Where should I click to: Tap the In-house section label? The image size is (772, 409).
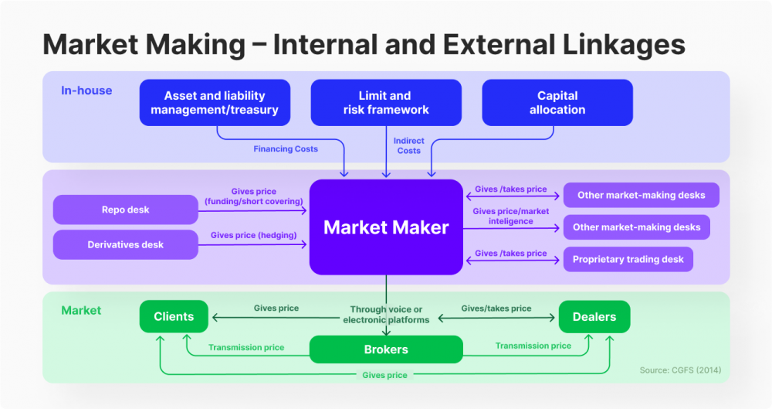coord(86,90)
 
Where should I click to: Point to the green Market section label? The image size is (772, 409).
coord(81,310)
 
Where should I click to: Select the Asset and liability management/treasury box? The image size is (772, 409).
coord(215,103)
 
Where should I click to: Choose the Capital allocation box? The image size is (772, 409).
coord(557,103)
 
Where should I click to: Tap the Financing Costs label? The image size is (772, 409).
coord(286,149)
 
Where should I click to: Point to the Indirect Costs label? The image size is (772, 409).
coord(408,145)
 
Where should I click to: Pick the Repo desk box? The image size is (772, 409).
coord(125,210)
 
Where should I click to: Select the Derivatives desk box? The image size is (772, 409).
coord(125,245)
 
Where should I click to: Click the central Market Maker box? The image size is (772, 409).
coord(386,227)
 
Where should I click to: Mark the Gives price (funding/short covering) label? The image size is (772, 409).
coord(253,196)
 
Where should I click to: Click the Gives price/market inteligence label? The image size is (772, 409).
coord(510,216)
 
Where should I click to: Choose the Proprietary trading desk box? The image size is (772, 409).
coord(628,260)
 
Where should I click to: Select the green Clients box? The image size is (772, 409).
coord(174,316)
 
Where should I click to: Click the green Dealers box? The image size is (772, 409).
coord(594,316)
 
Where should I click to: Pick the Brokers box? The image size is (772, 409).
coord(386,349)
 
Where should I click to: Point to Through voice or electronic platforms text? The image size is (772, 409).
coord(386,315)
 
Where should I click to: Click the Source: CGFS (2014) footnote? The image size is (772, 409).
coord(680,370)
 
